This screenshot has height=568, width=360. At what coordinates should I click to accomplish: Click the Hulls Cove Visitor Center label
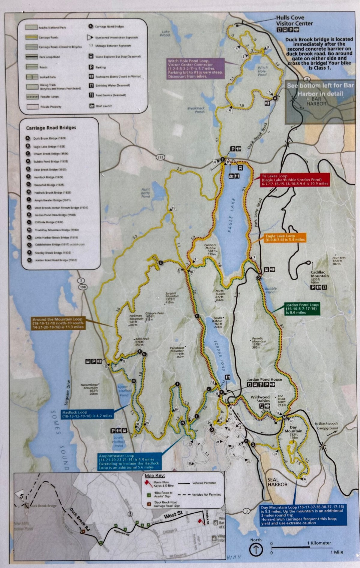(x=294, y=20)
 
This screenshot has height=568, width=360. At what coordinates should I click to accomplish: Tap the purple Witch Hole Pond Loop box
(x=195, y=69)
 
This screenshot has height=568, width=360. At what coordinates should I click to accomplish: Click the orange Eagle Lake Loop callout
(x=285, y=238)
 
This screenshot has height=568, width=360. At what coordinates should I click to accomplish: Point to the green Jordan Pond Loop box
(x=302, y=308)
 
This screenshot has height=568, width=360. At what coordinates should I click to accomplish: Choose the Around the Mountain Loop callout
(x=58, y=323)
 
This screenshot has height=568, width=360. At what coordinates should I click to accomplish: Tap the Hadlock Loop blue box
(x=87, y=414)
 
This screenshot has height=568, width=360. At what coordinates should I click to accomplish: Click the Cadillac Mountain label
(x=319, y=274)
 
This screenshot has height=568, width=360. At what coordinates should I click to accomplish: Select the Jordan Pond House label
(x=264, y=379)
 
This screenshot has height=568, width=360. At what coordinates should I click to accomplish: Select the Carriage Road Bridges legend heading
(x=51, y=128)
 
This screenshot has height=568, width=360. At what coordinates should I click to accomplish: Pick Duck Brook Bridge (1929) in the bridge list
(x=49, y=138)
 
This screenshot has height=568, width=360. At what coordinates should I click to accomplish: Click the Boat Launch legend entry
(x=103, y=106)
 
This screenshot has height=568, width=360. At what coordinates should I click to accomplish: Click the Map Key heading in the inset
(x=154, y=476)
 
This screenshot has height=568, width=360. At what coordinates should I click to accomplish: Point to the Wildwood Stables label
(x=260, y=399)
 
